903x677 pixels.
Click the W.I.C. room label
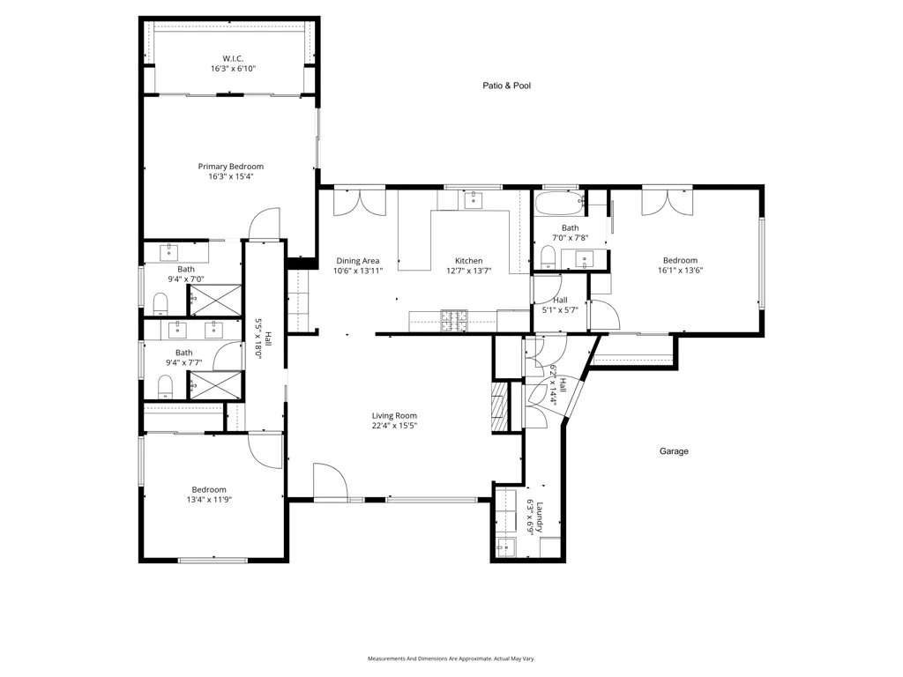233,59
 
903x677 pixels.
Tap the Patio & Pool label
507,86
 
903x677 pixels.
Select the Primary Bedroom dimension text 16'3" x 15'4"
231,176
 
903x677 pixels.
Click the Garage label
674,451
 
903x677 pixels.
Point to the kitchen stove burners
454,321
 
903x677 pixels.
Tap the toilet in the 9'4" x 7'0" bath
160,303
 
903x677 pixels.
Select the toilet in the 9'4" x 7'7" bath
165,387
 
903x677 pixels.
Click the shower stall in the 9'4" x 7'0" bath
215,300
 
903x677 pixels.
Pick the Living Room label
394,416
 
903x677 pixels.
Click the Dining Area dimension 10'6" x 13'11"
358,271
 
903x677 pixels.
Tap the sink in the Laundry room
506,547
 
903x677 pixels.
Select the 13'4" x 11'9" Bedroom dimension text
209,500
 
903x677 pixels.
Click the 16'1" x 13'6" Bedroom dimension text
681,270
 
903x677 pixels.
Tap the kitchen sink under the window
474,200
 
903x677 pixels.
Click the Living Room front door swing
331,480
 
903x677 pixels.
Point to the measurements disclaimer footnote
451,658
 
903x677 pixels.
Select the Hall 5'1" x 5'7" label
560,305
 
